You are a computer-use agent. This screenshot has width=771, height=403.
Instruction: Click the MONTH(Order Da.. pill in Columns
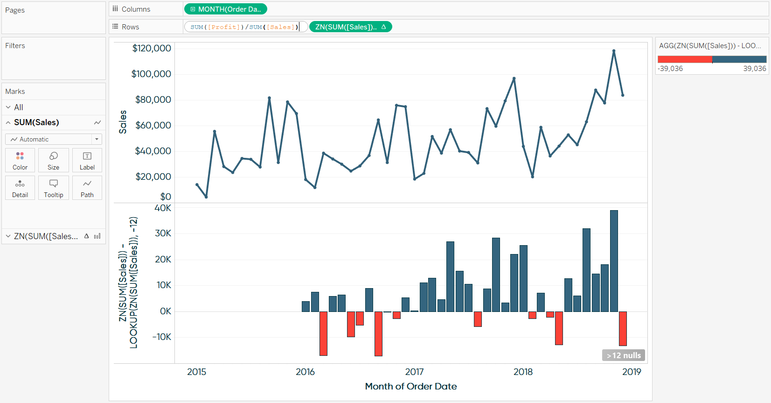point(226,9)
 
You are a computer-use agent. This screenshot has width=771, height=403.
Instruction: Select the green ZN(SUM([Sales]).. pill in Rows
point(350,27)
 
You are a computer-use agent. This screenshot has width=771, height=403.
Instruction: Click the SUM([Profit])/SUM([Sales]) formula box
point(244,27)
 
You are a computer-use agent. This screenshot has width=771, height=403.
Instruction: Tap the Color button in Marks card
point(20,160)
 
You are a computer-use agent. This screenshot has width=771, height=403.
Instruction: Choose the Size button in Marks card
point(54,160)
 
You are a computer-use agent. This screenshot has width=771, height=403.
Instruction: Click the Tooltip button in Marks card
point(54,188)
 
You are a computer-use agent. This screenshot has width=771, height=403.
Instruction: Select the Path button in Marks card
point(87,188)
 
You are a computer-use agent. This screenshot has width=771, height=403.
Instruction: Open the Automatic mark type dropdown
point(54,139)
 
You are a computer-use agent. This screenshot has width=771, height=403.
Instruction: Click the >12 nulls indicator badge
point(623,355)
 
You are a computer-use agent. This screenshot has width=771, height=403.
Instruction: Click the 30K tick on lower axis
point(163,233)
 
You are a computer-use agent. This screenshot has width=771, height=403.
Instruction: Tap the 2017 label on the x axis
point(414,372)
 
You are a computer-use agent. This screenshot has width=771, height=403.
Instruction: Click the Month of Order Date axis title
point(410,386)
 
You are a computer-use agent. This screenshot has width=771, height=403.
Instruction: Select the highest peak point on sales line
point(614,51)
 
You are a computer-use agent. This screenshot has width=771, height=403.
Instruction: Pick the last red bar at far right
point(623,328)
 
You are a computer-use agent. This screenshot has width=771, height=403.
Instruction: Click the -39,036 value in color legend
point(670,69)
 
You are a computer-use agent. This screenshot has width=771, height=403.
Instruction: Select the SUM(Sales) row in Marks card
point(36,122)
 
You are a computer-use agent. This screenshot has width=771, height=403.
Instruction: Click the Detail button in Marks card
point(20,188)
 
